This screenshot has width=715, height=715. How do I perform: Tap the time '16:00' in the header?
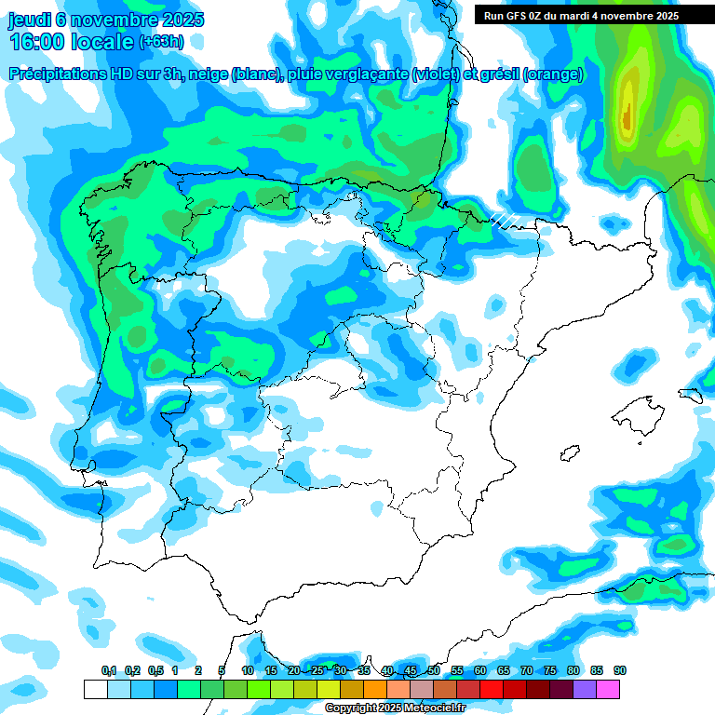37,42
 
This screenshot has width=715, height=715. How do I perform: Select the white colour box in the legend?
95,689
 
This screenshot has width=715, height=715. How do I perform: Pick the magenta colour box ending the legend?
608,689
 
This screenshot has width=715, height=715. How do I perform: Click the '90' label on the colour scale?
620,671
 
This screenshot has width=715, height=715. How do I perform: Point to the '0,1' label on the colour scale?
109,671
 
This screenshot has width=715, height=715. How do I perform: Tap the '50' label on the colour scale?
434,671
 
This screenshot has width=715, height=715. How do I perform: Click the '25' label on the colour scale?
317,671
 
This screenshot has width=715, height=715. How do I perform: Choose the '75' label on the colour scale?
550,671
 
